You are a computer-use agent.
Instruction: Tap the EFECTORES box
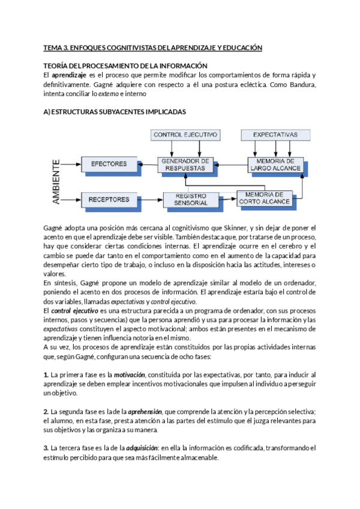(108, 164)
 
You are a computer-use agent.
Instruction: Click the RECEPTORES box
(108, 199)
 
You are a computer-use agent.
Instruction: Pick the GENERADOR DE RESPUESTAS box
(185, 164)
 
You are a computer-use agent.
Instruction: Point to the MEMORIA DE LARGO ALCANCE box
(274, 164)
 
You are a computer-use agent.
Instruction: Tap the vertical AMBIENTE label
(56, 181)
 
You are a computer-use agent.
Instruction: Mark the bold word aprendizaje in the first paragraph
(68, 75)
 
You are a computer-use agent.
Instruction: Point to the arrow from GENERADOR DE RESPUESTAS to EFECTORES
(143, 163)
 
